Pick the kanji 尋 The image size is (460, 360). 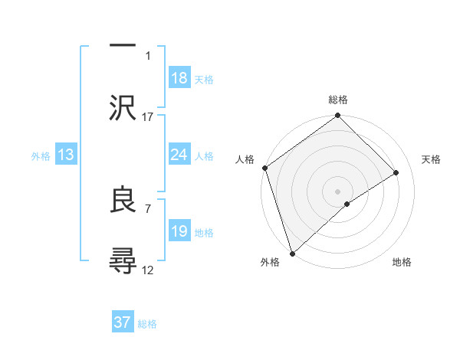[123, 262]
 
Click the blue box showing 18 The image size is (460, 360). [179, 77]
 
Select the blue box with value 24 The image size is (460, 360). [179, 155]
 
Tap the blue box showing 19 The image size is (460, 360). [179, 231]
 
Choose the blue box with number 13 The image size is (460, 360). [66, 155]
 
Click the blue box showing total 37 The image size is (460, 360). [123, 322]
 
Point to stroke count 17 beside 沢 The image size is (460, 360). [148, 116]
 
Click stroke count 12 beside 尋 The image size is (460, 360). [148, 270]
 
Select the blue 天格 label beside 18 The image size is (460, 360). [204, 79]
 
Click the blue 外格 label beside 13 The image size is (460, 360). [41, 155]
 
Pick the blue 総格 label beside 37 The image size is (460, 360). [147, 324]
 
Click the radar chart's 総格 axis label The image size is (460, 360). [338, 100]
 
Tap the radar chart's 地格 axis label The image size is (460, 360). [402, 262]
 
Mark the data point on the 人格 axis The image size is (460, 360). [264, 168]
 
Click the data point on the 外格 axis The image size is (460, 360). [292, 253]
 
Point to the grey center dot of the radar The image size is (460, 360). [337, 191]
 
